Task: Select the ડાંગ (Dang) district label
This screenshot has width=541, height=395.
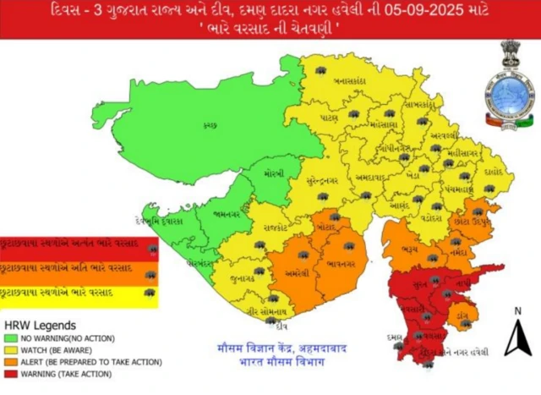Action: tap(462, 315)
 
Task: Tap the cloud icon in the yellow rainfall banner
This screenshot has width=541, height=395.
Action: tap(150, 293)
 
